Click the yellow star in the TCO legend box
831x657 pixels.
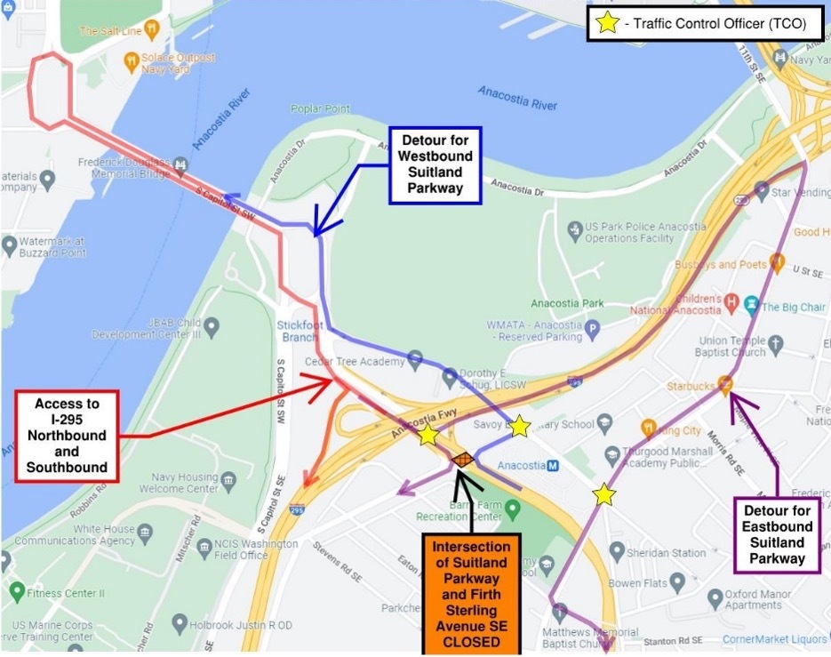pos(608,24)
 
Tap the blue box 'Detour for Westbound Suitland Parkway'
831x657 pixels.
pos(436,164)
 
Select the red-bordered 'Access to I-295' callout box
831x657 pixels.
pos(67,436)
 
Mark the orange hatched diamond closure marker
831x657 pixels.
pos(462,460)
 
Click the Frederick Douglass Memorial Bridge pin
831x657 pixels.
pos(181,164)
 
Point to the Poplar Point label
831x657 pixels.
pos(320,109)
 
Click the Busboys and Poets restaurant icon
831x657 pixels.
pos(778,262)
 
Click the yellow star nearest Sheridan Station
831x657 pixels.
pos(604,494)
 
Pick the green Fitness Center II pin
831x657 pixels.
pos(16,591)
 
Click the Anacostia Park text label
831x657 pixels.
pos(567,303)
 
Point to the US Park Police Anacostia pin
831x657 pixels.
pos(576,232)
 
